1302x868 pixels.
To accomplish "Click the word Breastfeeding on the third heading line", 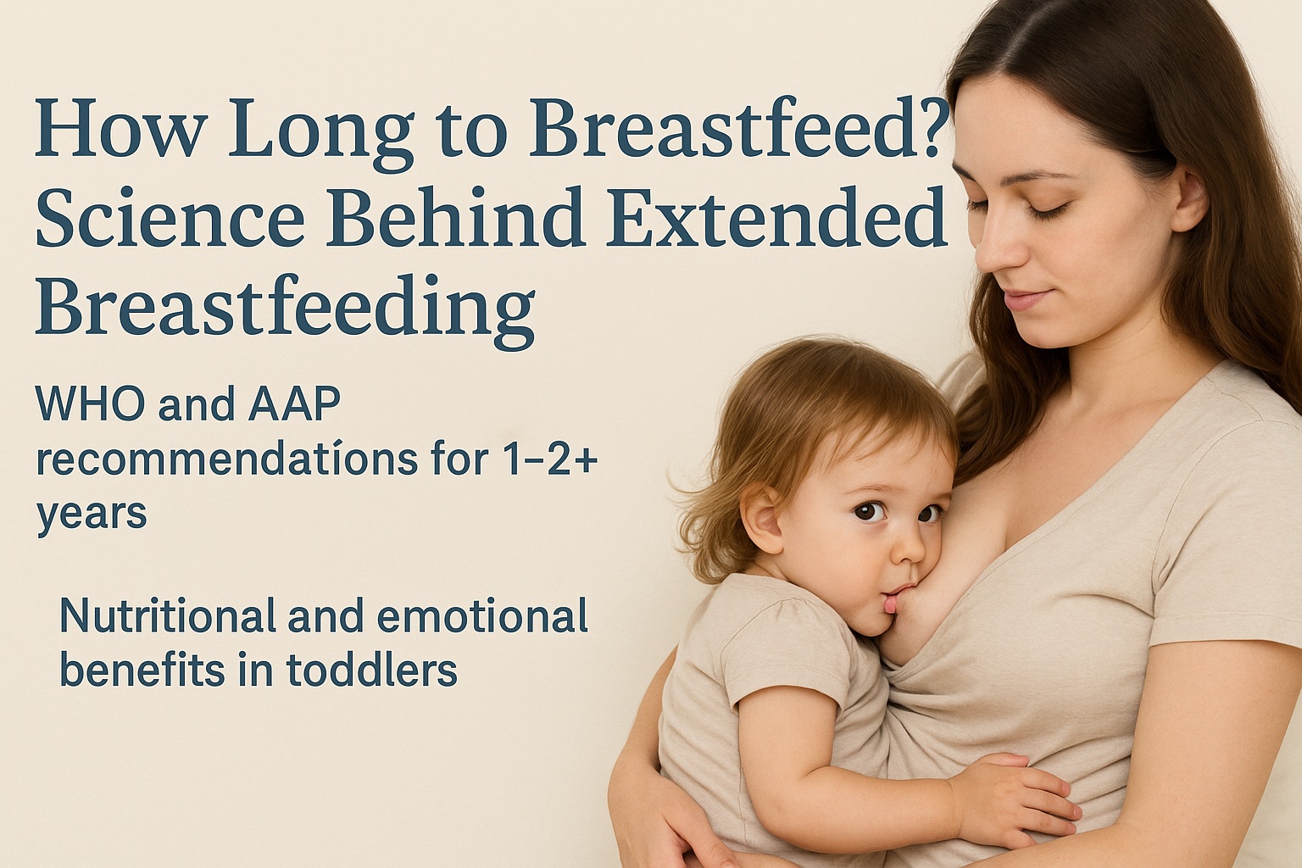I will click(x=285, y=307).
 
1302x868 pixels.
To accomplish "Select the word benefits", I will click(x=136, y=670).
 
